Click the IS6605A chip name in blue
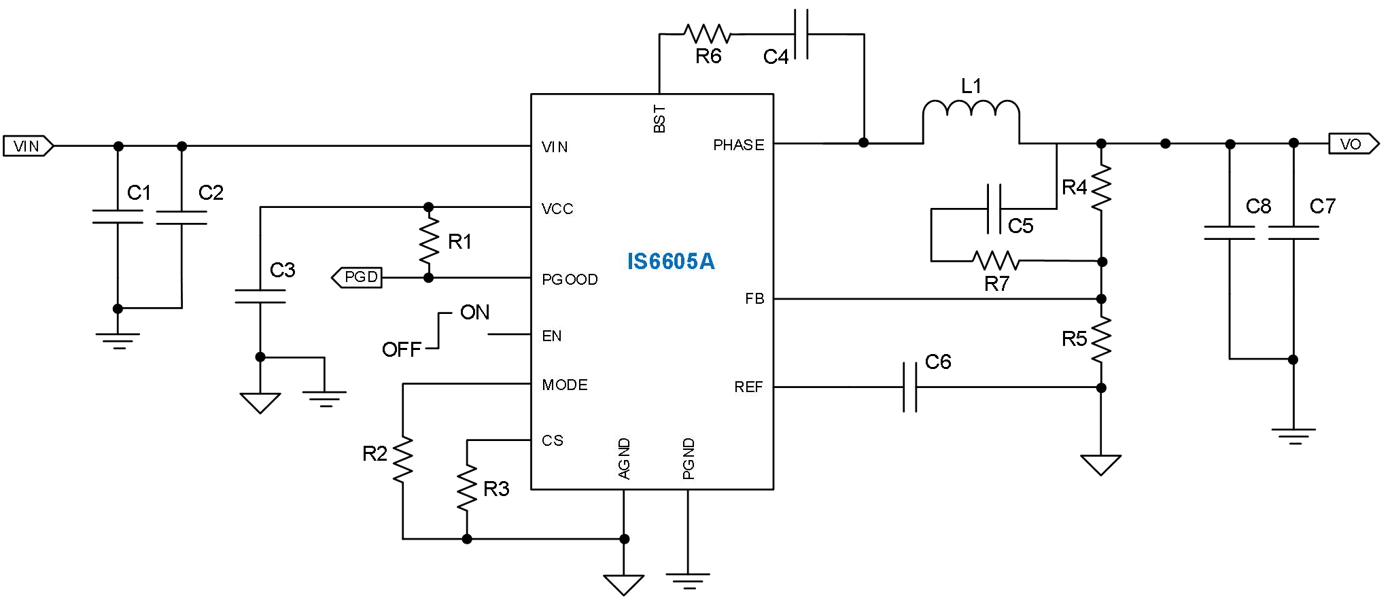(x=670, y=262)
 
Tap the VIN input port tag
(x=27, y=146)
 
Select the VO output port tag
(x=1353, y=144)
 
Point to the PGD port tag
(x=358, y=277)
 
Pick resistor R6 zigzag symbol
(x=707, y=33)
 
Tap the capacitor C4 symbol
(x=801, y=33)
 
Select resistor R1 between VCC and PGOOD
(x=428, y=242)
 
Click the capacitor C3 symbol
(x=260, y=296)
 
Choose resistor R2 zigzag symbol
(x=403, y=459)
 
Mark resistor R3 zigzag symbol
(x=467, y=487)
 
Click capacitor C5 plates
(x=994, y=209)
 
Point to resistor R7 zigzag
(x=995, y=260)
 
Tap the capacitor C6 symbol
(x=910, y=387)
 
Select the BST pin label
(x=659, y=119)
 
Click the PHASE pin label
(x=738, y=145)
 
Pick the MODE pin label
(x=564, y=385)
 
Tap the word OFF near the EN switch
(x=401, y=350)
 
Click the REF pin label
(x=748, y=387)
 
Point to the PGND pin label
(x=688, y=459)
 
